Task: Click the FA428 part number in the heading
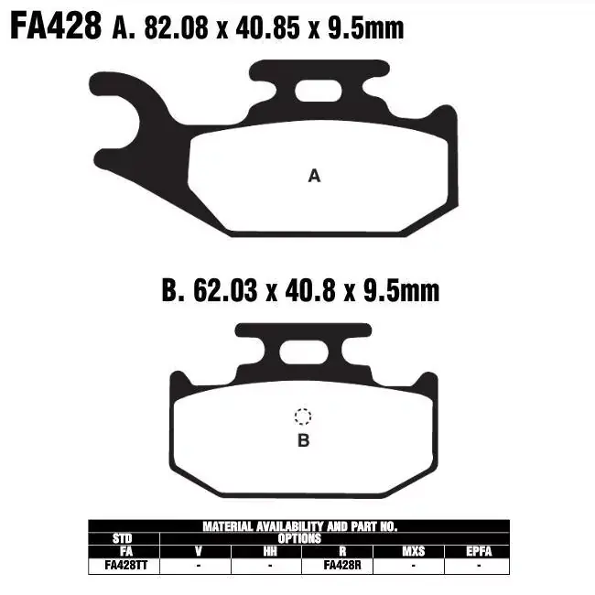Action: click(x=54, y=27)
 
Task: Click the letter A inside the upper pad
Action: click(x=314, y=176)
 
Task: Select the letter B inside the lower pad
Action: click(x=303, y=440)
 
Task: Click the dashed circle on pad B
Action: click(x=303, y=417)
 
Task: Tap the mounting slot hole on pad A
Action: click(x=316, y=90)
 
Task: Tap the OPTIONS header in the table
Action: click(x=298, y=539)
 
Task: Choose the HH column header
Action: click(x=269, y=552)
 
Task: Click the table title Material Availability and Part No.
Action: click(x=298, y=526)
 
